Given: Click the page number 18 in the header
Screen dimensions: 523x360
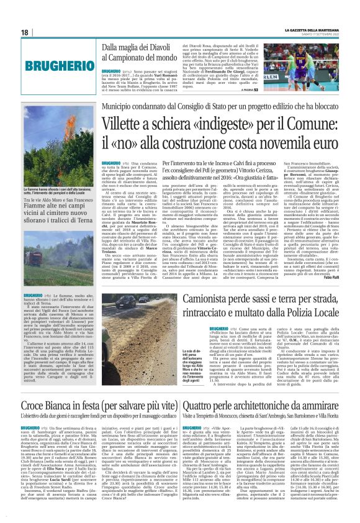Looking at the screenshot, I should pyautogui.click(x=24, y=32).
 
